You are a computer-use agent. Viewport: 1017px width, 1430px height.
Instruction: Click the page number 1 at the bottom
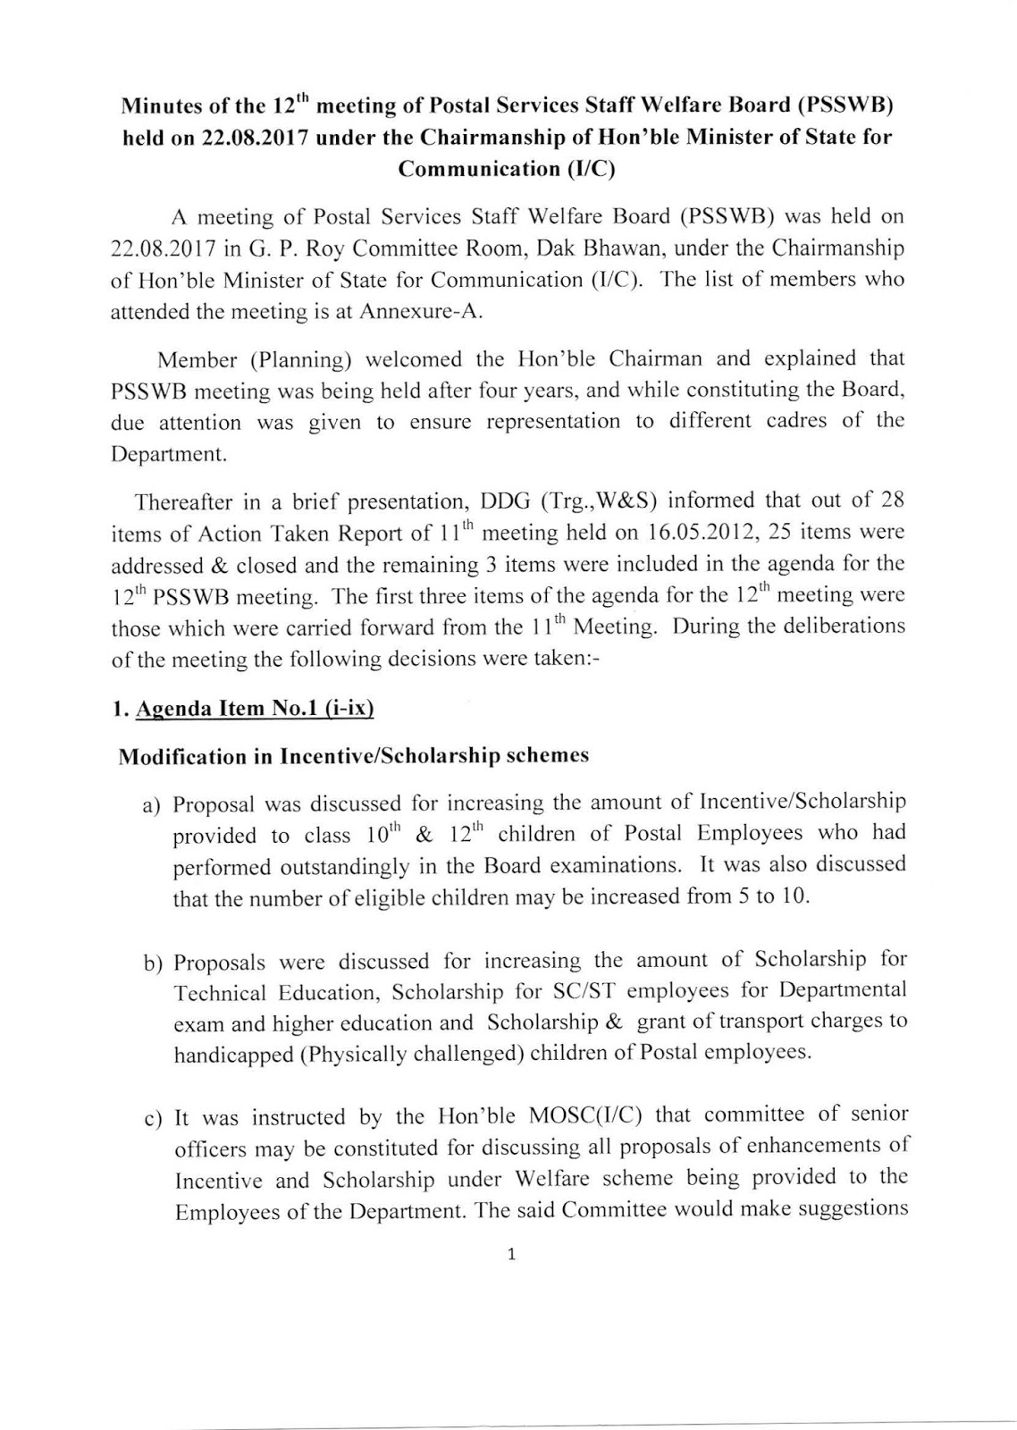pos(510,1255)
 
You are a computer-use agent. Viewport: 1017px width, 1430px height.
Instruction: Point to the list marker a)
pos(153,805)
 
